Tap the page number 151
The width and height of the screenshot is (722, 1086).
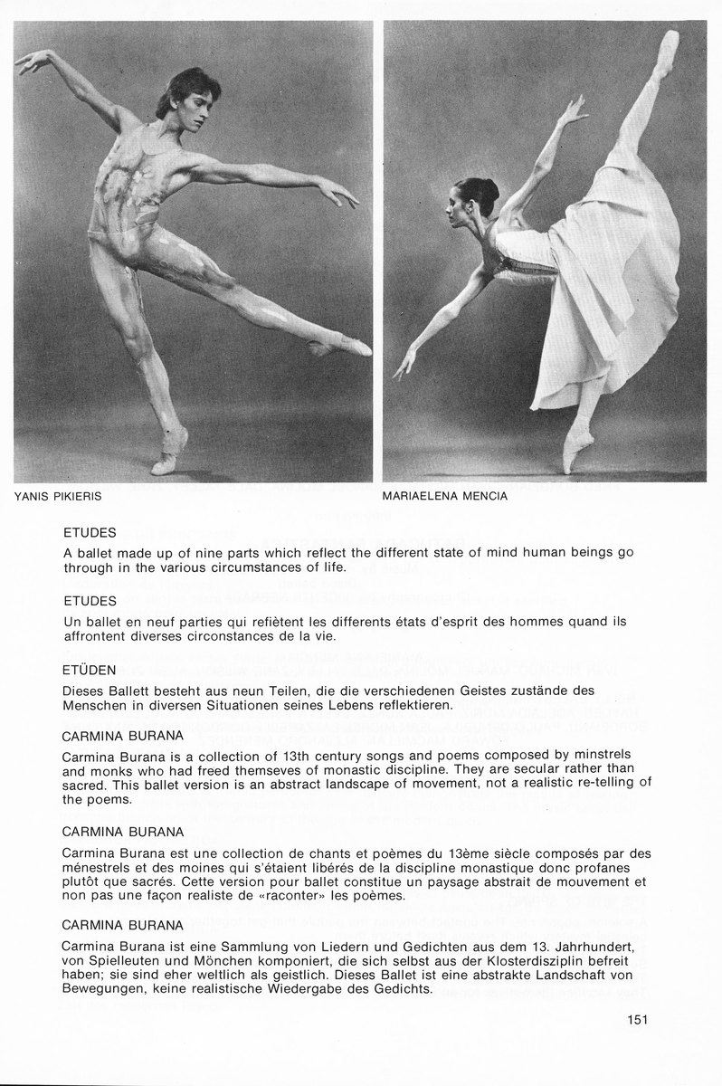point(638,1020)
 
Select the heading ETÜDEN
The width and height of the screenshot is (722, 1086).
point(90,673)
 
